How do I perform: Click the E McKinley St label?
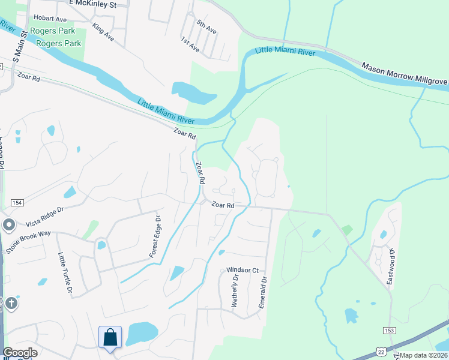(99, 4)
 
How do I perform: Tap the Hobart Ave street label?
(50, 19)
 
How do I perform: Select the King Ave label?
(103, 32)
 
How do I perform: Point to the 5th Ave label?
(206, 26)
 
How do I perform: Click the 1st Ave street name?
(190, 44)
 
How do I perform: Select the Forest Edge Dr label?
(155, 238)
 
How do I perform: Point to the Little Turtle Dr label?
(64, 274)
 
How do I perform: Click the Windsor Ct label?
(242, 271)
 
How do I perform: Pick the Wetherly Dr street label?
(235, 292)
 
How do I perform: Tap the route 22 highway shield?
(381, 350)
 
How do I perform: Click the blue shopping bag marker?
(110, 337)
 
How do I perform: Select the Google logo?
(20, 352)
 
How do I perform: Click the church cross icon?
(10, 304)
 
